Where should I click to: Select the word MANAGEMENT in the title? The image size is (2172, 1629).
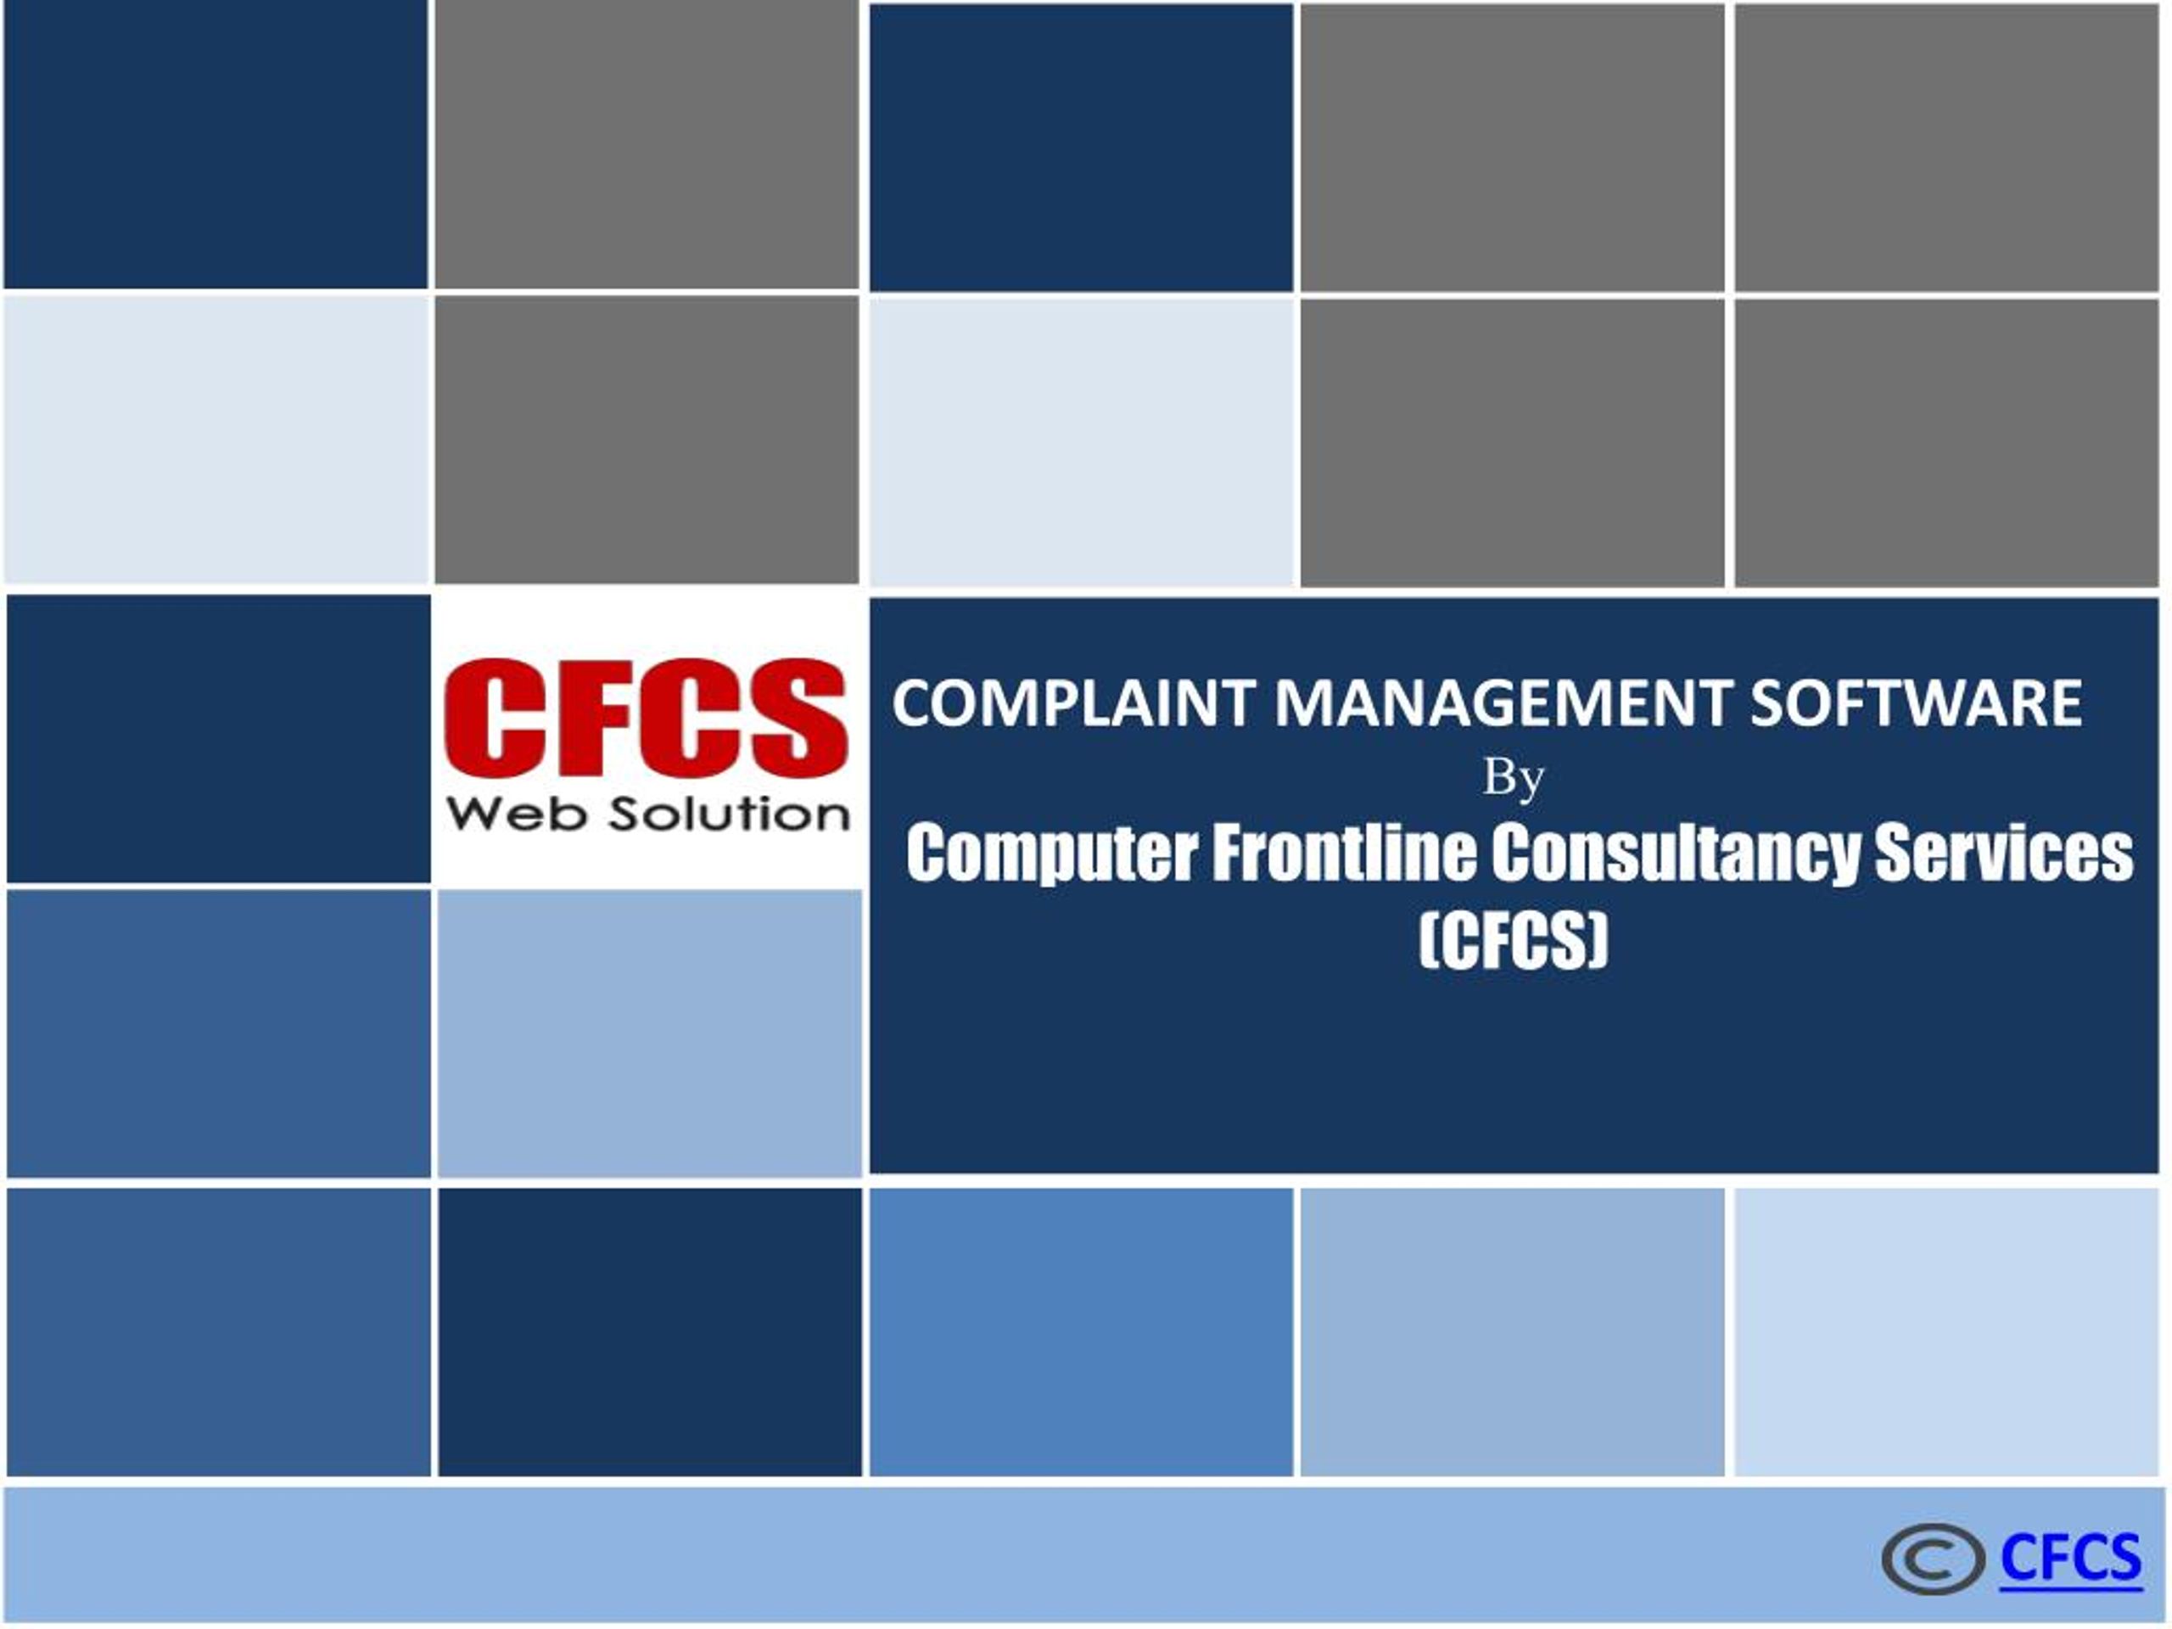coord(1503,703)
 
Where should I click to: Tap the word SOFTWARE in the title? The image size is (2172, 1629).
coord(1916,703)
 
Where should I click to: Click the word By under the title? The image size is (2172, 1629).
coord(1513,780)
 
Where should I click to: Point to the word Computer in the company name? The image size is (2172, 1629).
coord(1050,854)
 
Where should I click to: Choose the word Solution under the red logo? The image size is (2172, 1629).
coord(729,814)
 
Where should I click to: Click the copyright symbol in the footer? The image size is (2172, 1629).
coord(1934,1559)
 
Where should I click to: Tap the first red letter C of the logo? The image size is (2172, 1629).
coord(492,718)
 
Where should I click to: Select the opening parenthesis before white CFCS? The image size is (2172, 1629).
coord(1429,941)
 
